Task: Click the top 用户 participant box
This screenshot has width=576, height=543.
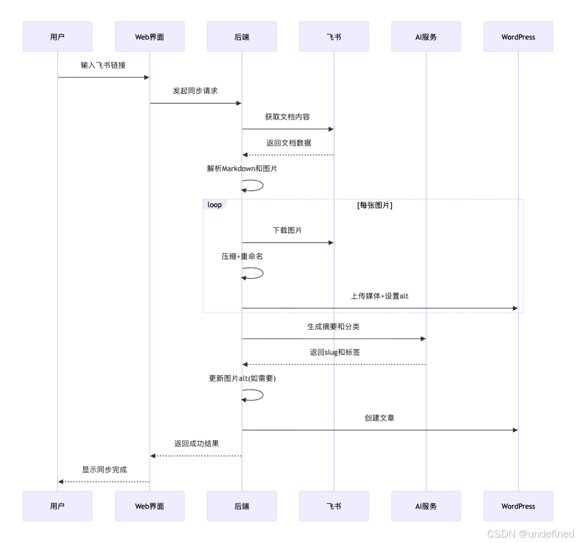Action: pyautogui.click(x=57, y=37)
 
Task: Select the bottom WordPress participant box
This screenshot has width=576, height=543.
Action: pyautogui.click(x=518, y=506)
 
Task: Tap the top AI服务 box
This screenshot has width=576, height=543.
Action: pyautogui.click(x=426, y=37)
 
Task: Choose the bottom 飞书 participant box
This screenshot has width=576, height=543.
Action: pyautogui.click(x=334, y=506)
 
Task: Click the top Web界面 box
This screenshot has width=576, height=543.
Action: pyautogui.click(x=149, y=37)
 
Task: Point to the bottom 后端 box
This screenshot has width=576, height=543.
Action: pyautogui.click(x=241, y=506)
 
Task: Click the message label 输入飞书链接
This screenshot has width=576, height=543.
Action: pyautogui.click(x=103, y=65)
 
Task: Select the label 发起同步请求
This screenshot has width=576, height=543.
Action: pyautogui.click(x=195, y=91)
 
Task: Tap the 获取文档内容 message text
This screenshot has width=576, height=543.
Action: pyautogui.click(x=287, y=117)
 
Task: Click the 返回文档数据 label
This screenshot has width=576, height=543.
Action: pyautogui.click(x=289, y=143)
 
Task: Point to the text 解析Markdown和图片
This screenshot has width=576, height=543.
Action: pyautogui.click(x=242, y=169)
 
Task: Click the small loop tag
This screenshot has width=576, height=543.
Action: pyautogui.click(x=214, y=205)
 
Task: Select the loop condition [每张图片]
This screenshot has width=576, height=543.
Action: pyautogui.click(x=375, y=205)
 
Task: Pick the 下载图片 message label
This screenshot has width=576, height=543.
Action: pyautogui.click(x=287, y=230)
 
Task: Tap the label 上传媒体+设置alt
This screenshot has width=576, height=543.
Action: pyautogui.click(x=380, y=296)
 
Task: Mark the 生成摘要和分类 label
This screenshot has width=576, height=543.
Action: pyautogui.click(x=334, y=327)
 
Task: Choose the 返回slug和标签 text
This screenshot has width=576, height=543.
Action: pyautogui.click(x=335, y=352)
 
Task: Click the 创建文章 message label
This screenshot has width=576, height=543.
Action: pyautogui.click(x=380, y=418)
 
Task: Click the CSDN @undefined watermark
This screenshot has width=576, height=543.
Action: pyautogui.click(x=530, y=533)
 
